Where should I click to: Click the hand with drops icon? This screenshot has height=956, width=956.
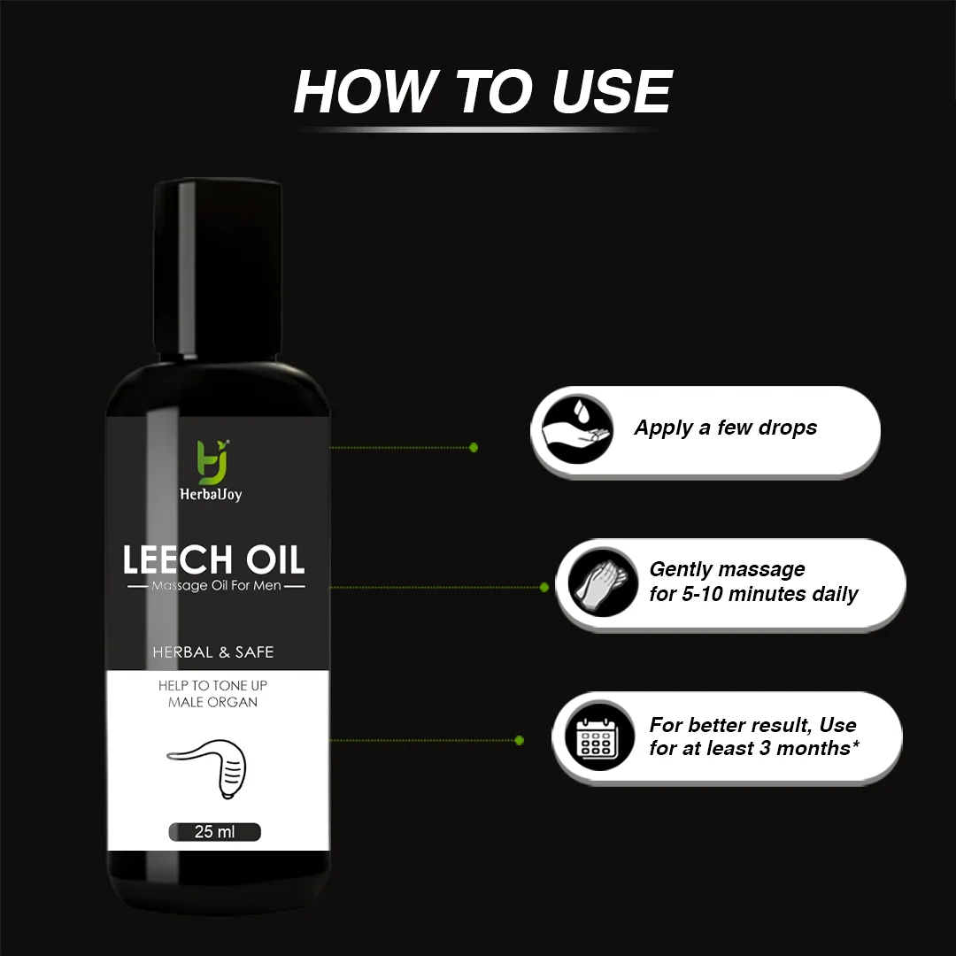[577, 428]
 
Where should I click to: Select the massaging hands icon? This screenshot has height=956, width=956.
[603, 582]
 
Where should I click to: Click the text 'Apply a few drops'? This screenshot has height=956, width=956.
[726, 428]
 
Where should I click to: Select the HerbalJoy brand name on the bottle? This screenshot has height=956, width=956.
[211, 495]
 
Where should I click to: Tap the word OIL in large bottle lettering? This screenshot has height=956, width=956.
[275, 559]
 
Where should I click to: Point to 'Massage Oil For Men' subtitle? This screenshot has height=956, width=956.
[217, 586]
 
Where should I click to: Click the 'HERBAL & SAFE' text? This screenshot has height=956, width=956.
[212, 652]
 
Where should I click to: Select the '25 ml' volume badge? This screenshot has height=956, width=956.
[214, 831]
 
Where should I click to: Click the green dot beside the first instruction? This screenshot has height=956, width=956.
[474, 448]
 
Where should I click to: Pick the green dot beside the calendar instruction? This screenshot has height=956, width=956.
[520, 741]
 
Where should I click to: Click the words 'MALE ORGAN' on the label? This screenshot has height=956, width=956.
[212, 702]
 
